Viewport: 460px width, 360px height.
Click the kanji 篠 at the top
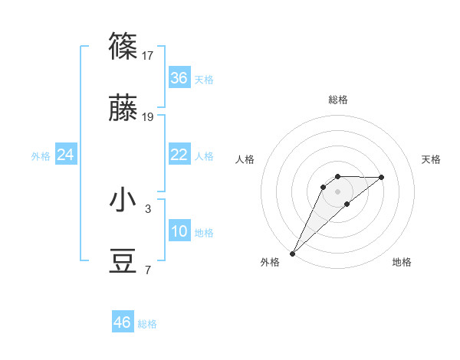pos(123,47)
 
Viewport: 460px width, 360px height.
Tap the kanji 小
pos(123,200)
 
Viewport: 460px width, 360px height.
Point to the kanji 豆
pos(123,263)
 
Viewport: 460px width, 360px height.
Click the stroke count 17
pos(148,55)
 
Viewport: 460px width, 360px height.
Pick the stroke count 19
pos(148,117)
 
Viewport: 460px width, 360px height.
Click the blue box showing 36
pos(179,78)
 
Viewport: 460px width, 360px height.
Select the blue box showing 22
pos(179,155)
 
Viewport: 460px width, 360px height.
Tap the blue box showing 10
pos(179,232)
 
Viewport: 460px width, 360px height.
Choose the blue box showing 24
pos(66,155)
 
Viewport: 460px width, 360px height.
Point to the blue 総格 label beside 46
pos(147,324)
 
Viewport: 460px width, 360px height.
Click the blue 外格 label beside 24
pos(41,156)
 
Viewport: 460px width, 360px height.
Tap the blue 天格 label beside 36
pos(204,79)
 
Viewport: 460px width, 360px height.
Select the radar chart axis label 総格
pos(338,100)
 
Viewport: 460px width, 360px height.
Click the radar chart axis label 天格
pos(432,159)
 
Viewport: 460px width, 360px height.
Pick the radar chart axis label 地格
pos(402,262)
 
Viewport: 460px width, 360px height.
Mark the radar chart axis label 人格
pos(245,159)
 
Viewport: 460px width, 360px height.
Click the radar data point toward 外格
pos(292,253)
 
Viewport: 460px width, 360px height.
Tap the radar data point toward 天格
pos(382,177)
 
